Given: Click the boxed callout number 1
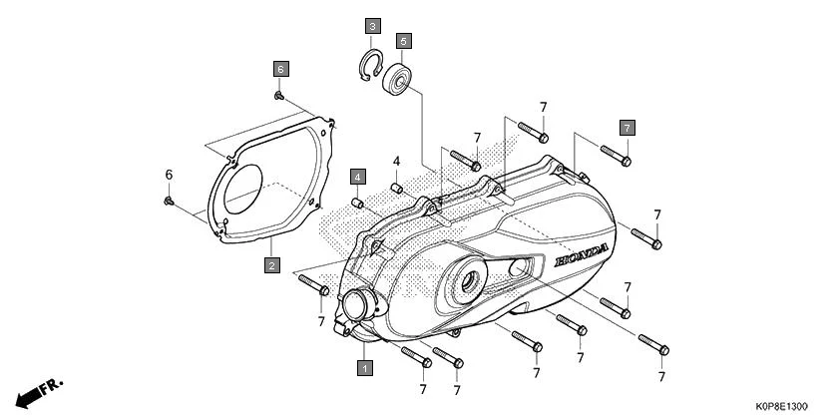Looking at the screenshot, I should tap(365, 367).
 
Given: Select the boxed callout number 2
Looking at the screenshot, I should tap(270, 265).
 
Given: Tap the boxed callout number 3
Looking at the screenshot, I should tap(372, 25).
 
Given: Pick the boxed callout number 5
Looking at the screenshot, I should tap(403, 41).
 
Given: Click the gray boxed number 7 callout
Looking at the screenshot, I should tap(627, 127).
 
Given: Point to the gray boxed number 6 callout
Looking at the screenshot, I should tap(280, 68).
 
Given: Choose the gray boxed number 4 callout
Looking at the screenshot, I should tap(356, 177).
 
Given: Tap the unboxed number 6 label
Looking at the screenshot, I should tap(168, 176).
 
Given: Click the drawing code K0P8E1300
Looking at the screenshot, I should tap(782, 407).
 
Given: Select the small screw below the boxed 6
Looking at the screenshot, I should tap(279, 96).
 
